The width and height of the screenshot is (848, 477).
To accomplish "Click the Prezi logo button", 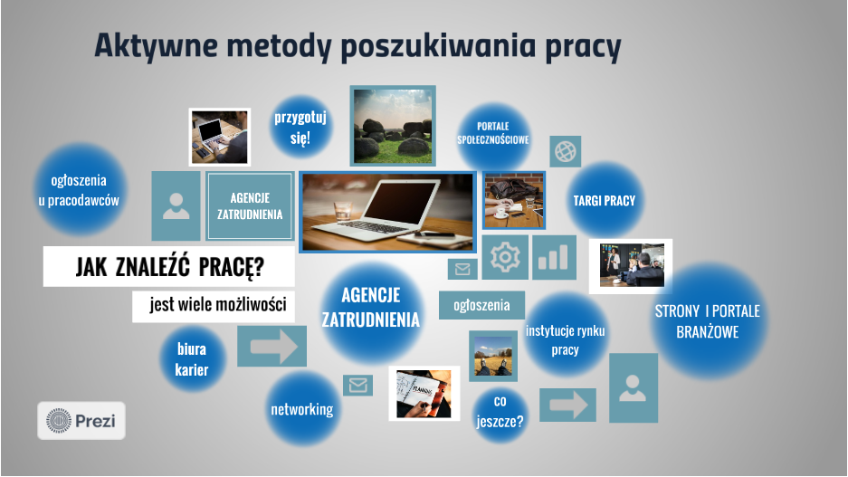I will pyautogui.click(x=81, y=421).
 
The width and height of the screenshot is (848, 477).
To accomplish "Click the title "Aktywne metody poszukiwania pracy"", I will pyautogui.click(x=357, y=46).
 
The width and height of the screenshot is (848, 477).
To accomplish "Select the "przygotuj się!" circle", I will pyautogui.click(x=300, y=129).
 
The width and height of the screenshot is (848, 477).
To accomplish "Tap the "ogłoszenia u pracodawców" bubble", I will pyautogui.click(x=79, y=189).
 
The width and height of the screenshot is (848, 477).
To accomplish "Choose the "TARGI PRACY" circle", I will pyautogui.click(x=604, y=201).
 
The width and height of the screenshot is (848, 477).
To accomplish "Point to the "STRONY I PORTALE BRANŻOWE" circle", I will pyautogui.click(x=707, y=321).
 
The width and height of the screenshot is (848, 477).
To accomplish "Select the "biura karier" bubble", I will pyautogui.click(x=192, y=358).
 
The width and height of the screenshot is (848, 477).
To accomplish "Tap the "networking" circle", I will pyautogui.click(x=301, y=409).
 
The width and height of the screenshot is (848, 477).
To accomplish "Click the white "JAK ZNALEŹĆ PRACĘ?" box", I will pyautogui.click(x=169, y=267).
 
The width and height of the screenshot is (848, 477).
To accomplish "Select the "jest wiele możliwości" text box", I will pyautogui.click(x=214, y=305).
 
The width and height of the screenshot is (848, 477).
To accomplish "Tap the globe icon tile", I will pyautogui.click(x=566, y=150).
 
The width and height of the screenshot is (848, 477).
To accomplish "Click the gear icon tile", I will pyautogui.click(x=504, y=258).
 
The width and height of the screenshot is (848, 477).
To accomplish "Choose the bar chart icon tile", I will pyautogui.click(x=554, y=257).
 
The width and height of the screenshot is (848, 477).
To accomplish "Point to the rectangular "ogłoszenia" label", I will pyautogui.click(x=481, y=305).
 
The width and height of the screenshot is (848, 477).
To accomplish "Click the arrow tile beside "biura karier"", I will pyautogui.click(x=272, y=346).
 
